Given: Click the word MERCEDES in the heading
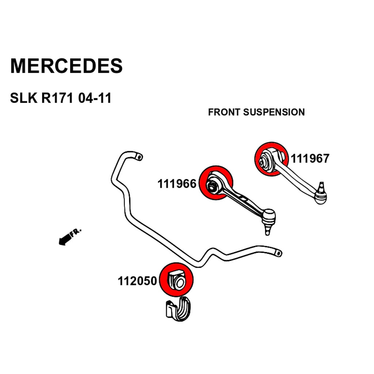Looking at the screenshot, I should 66,66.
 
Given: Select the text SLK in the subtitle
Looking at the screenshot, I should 23,98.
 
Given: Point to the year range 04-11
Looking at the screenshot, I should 95,98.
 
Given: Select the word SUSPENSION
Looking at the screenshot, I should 274,112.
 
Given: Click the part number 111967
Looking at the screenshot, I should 310,159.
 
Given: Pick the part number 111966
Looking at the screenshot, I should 177,183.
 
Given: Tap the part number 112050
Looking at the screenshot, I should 137,281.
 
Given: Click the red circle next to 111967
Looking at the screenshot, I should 271,159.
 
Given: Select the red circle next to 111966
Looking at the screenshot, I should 216,183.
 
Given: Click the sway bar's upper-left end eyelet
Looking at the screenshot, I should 139,157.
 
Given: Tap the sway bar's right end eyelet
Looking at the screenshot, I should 278,253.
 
